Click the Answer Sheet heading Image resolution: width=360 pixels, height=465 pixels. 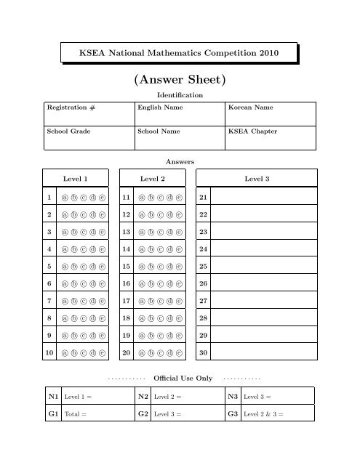coord(179,78)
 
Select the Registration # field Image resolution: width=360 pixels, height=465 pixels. coord(89,114)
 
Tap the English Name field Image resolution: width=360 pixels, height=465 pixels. coord(180,114)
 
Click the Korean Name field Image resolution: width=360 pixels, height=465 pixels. coord(271,114)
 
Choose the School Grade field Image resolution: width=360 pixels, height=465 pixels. coord(89,139)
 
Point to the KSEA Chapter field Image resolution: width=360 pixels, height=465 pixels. coord(271,139)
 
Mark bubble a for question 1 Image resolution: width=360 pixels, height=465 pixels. coord(65,197)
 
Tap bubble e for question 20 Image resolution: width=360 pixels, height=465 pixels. coord(179,354)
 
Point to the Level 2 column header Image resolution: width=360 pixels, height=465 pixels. coord(153,178)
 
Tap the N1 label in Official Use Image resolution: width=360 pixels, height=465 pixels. coord(52,397)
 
